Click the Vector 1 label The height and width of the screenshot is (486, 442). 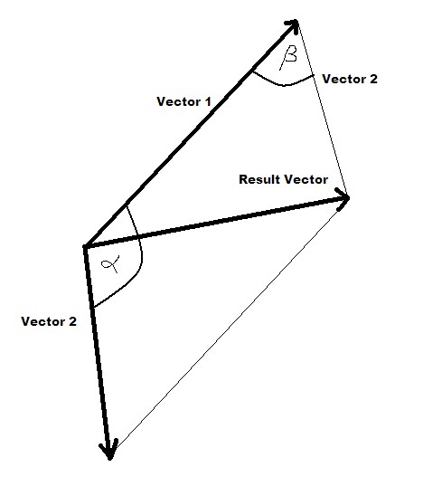coord(183,101)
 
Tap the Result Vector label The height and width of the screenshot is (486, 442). coord(283,179)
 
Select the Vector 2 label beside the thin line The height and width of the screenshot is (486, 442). coord(350,79)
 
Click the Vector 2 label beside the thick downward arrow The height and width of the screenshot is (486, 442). coord(49,321)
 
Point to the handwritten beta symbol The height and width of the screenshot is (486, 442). coord(287,57)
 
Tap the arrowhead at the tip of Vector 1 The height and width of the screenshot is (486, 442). coord(294,24)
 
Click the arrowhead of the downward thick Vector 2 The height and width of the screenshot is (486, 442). coord(109,450)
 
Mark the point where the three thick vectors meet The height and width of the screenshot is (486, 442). coord(85,247)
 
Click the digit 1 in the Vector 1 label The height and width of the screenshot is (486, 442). coord(208,101)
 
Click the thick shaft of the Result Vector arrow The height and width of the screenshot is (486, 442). coord(215,223)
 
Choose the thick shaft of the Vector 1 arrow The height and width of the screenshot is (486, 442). coord(190,135)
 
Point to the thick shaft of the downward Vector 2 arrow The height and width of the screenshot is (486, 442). coord(97,350)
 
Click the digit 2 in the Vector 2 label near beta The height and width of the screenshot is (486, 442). coord(374,79)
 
